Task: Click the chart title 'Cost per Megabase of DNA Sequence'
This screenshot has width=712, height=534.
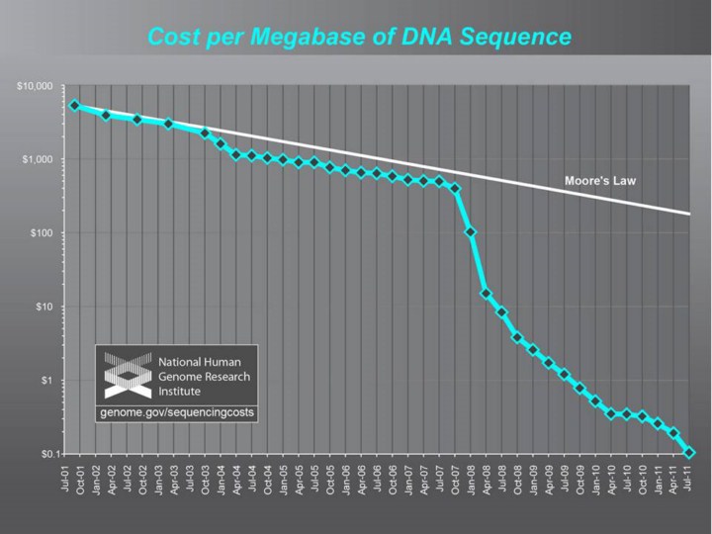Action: click(x=359, y=38)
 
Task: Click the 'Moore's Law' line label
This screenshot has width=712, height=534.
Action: click(x=599, y=181)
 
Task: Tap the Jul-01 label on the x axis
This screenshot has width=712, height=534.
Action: click(x=64, y=481)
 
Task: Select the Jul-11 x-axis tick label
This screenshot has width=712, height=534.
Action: click(x=690, y=481)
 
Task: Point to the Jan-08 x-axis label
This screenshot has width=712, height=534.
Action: click(x=471, y=481)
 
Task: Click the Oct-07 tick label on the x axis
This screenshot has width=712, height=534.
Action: click(x=455, y=481)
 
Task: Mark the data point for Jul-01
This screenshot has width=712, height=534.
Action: click(x=74, y=105)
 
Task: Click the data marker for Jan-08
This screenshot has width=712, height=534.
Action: click(x=471, y=232)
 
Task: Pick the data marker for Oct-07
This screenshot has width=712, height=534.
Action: click(x=455, y=188)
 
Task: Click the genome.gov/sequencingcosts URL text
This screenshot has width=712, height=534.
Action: click(x=177, y=410)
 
